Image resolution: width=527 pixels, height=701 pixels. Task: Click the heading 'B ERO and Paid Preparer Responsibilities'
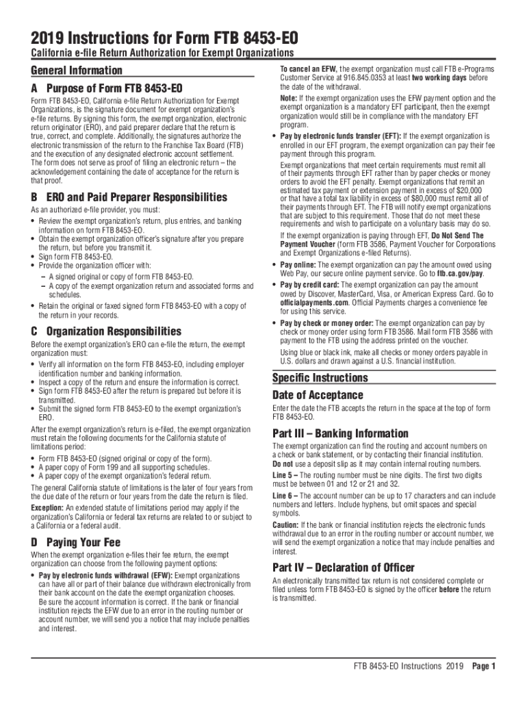(x=129, y=198)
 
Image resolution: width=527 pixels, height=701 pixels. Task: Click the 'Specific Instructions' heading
(x=320, y=378)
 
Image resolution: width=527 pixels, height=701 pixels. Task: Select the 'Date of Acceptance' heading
(x=318, y=396)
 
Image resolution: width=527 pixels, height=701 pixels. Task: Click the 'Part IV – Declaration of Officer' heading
(x=343, y=568)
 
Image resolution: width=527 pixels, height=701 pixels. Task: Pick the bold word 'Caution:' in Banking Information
(x=285, y=524)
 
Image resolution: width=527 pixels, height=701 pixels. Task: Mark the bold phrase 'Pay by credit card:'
(x=315, y=285)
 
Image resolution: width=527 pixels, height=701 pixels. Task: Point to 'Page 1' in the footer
(x=483, y=666)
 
